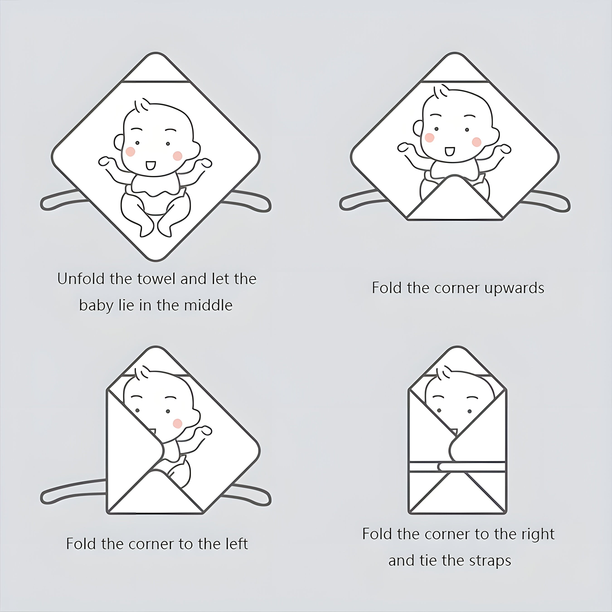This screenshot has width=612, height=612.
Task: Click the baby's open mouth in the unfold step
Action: coord(150,165)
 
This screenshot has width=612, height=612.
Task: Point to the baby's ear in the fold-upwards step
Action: coord(418,128)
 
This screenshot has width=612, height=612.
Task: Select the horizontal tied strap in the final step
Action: coord(472,467)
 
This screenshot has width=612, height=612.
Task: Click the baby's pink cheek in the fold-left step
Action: coord(177,423)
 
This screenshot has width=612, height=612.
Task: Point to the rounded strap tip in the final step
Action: coord(441,467)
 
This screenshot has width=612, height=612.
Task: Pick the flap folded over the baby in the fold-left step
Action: coord(133,444)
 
